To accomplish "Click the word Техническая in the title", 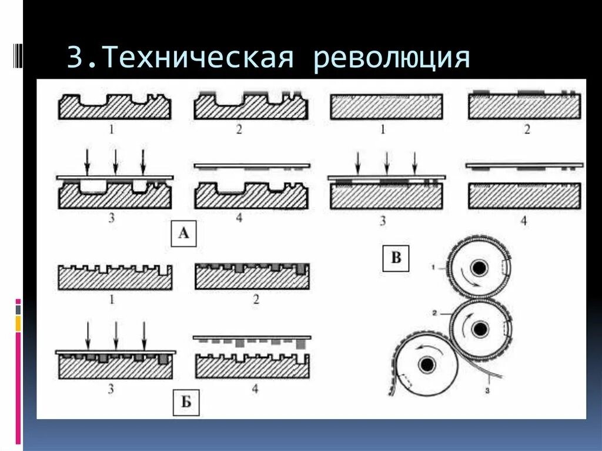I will pyautogui.click(x=198, y=59).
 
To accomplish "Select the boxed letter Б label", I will pyautogui.click(x=186, y=403).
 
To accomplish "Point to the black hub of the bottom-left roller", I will pyautogui.click(x=424, y=365).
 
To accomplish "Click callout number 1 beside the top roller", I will pyautogui.click(x=433, y=268).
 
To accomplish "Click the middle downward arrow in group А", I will pyautogui.click(x=115, y=162).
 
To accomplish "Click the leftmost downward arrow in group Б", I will pyautogui.click(x=87, y=336).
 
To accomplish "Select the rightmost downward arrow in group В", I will pyautogui.click(x=414, y=163).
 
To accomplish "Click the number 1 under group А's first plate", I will pyautogui.click(x=112, y=129).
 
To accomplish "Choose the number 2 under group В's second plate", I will pyautogui.click(x=527, y=129).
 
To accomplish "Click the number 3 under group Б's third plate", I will pyautogui.click(x=112, y=387).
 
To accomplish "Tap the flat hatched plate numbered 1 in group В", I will pyautogui.click(x=386, y=107).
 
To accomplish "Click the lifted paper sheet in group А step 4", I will pyautogui.click(x=252, y=166).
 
